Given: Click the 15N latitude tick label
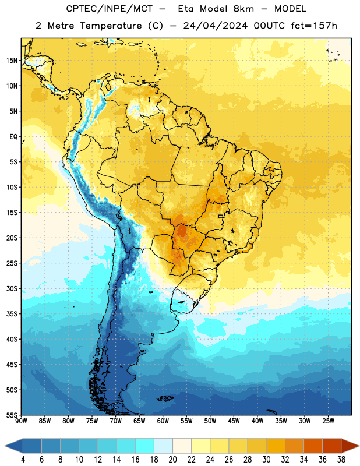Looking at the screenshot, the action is (x=12, y=61).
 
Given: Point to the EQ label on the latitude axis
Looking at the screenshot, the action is (x=13, y=137).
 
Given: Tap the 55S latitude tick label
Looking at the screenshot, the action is (x=12, y=415).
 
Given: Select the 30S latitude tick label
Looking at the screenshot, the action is (x=12, y=288).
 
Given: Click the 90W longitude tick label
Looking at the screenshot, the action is (x=21, y=421).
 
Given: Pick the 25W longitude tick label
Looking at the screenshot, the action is (x=328, y=421).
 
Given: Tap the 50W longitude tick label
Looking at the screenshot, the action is (x=210, y=421).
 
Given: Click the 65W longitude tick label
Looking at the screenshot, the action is (x=139, y=421).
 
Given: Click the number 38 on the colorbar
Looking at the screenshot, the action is (x=341, y=460).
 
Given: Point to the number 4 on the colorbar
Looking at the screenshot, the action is (x=23, y=460).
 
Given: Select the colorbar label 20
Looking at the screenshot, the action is (x=172, y=460).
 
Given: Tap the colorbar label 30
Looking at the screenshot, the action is (x=266, y=460).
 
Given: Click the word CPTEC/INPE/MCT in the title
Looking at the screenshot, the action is (x=110, y=9).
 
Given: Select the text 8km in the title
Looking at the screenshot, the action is (x=243, y=9).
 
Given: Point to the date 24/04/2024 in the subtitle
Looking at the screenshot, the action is (x=215, y=26).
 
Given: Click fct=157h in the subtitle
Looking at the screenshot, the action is (x=314, y=26).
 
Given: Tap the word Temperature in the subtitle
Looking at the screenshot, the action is (x=111, y=26).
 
